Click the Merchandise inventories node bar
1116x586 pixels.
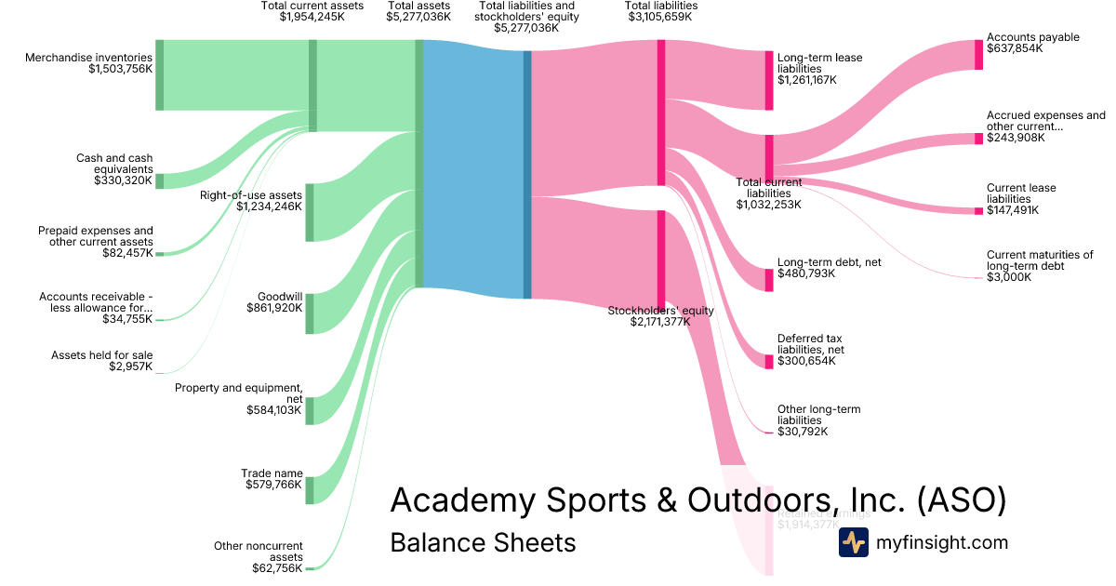[159, 75]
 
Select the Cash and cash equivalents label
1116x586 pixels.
[114, 164]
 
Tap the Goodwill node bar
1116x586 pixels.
[310, 313]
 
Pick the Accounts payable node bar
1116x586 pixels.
[978, 55]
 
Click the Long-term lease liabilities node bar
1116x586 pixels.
[769, 81]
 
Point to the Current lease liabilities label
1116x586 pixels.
[1021, 193]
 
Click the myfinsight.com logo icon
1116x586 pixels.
[853, 542]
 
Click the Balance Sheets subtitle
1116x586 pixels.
[483, 542]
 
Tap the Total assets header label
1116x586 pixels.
[418, 6]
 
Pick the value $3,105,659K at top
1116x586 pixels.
[662, 17]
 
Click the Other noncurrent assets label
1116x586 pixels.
[259, 552]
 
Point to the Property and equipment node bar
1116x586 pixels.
[310, 410]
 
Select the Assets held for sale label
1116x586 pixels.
[102, 354]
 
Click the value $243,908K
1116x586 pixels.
[1016, 138]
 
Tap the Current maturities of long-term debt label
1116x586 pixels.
[1039, 260]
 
